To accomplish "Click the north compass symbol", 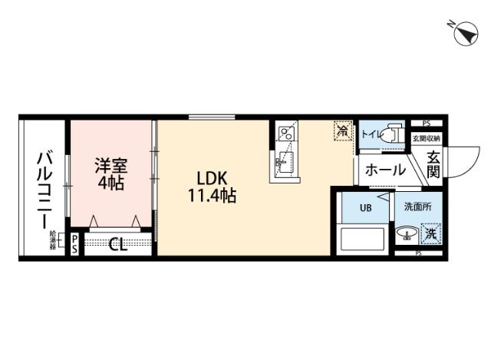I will point(463,33).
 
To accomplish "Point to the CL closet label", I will point(117,245).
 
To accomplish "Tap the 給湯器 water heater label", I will point(53,239).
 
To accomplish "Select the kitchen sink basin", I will point(283,160).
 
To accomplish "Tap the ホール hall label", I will point(384,170).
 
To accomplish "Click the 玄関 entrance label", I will point(433,164).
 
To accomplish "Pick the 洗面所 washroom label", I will point(418,207).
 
